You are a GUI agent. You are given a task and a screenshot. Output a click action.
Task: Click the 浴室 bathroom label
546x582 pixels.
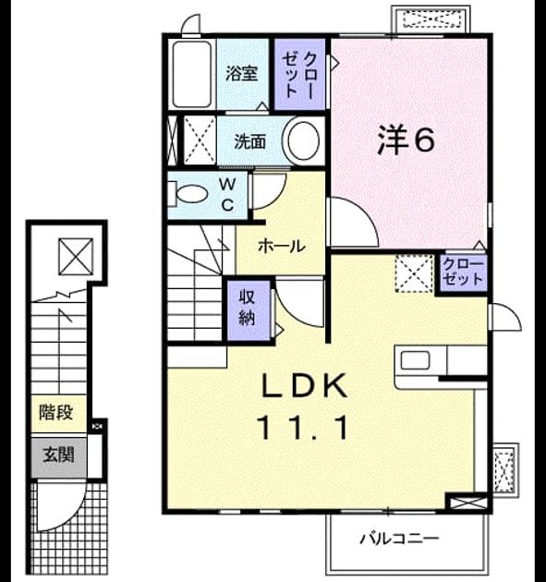pos(242,74)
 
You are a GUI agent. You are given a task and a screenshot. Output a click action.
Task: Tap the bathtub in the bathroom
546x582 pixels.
pos(192,74)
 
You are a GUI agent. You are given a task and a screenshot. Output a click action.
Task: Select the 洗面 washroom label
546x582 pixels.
pos(249,141)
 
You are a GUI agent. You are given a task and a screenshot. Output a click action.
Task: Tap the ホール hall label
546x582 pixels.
pos(282,246)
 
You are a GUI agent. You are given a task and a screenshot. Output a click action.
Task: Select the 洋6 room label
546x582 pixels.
pos(406,140)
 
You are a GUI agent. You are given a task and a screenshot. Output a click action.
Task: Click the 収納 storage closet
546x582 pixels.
pos(248,310)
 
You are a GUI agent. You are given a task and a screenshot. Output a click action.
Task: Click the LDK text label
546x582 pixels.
pos(304,385)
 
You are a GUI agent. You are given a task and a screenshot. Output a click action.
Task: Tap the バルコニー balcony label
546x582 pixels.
pos(398,539)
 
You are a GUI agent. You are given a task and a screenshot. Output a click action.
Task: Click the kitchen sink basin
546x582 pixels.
pos(416,360)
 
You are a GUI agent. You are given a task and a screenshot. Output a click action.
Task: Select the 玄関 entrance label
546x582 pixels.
pos(58,455)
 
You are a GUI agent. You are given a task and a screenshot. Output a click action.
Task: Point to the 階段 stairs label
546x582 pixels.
pos(56,412)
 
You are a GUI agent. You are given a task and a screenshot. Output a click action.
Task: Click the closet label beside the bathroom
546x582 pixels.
pos(299,75)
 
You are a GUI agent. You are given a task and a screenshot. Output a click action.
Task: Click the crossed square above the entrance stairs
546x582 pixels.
pos(76,257)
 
